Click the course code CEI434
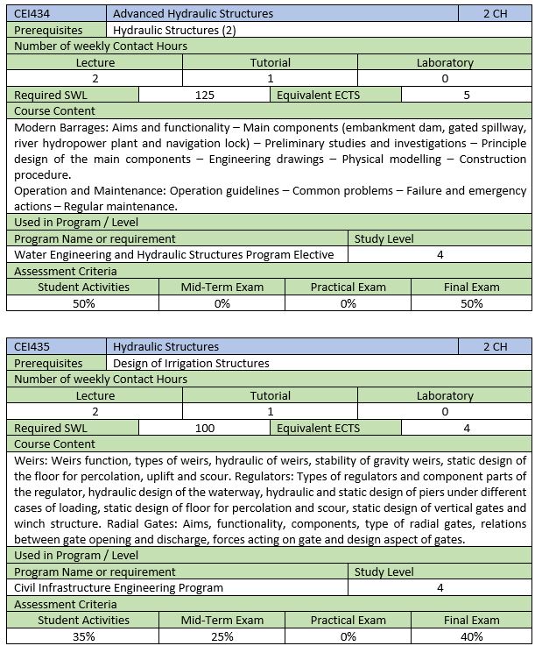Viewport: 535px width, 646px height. [33, 13]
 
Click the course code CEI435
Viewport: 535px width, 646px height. [33, 346]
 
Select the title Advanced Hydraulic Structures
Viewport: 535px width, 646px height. [193, 13]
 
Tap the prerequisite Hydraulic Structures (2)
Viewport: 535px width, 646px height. [175, 30]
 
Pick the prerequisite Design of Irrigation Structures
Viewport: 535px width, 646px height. [191, 363]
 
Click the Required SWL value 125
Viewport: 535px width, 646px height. [205, 95]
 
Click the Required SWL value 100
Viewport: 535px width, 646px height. [205, 428]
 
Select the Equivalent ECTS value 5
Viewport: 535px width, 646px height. [467, 95]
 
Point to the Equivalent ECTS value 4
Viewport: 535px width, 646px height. [467, 428]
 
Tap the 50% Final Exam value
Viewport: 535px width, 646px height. [472, 303]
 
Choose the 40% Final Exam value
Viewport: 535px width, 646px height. [472, 636]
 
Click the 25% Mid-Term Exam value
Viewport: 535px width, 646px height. [222, 636]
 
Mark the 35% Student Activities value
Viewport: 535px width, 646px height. [83, 636]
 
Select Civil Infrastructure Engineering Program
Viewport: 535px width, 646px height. [119, 587]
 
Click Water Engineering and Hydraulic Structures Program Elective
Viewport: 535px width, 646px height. [174, 254]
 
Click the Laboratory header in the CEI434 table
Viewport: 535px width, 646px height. [445, 62]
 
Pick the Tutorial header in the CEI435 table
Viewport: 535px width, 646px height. [270, 395]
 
